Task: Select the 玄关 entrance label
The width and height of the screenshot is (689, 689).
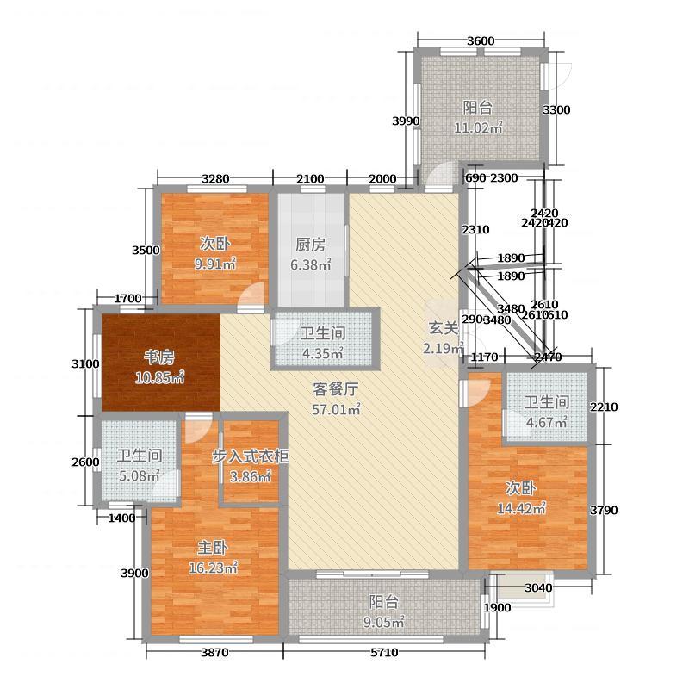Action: pyautogui.click(x=439, y=327)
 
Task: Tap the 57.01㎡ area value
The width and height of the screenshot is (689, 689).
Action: pyautogui.click(x=336, y=409)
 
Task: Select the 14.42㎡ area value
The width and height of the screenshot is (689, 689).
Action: pyautogui.click(x=525, y=508)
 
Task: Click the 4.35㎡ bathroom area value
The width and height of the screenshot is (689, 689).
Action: pyautogui.click(x=323, y=353)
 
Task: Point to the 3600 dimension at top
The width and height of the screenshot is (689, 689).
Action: pyautogui.click(x=481, y=41)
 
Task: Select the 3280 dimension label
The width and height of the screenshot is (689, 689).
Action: pyautogui.click(x=214, y=178)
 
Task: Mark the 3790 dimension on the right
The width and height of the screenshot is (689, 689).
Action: pyautogui.click(x=604, y=510)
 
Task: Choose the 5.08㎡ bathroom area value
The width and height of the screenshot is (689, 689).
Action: pyautogui.click(x=140, y=476)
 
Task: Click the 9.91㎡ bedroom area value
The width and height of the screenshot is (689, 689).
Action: pyautogui.click(x=214, y=264)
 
